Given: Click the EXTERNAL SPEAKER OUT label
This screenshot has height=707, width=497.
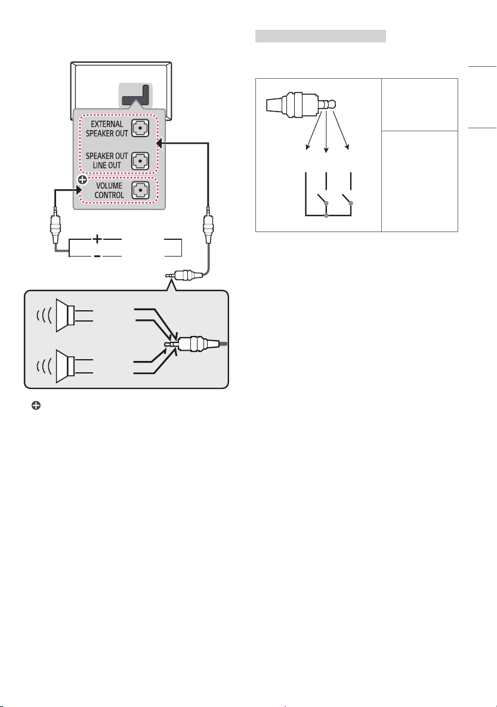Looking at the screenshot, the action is pyautogui.click(x=107, y=128).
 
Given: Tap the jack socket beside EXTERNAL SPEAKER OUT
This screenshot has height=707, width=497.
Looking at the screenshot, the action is pyautogui.click(x=140, y=128).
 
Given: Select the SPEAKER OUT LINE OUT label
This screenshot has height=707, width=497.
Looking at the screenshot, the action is pyautogui.click(x=107, y=160).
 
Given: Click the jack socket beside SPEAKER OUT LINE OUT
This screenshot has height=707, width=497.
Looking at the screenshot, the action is pyautogui.click(x=140, y=160).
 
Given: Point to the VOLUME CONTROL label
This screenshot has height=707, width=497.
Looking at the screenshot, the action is pyautogui.click(x=109, y=190).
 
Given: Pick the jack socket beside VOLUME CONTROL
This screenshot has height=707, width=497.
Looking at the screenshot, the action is pyautogui.click(x=140, y=190).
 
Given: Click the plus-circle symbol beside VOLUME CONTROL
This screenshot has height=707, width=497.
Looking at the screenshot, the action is pyautogui.click(x=82, y=180).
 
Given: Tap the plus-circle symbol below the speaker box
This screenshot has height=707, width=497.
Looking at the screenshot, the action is pyautogui.click(x=36, y=405).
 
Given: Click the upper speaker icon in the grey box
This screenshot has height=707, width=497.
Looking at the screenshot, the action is pyautogui.click(x=65, y=315).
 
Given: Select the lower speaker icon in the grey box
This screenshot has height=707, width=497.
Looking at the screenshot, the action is pyautogui.click(x=65, y=366).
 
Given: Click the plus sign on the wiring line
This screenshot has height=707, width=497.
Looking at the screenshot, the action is pyautogui.click(x=97, y=239).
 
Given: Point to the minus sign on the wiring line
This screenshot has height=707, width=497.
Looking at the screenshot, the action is pyautogui.click(x=97, y=256).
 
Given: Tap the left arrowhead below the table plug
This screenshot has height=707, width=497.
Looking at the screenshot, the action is pyautogui.click(x=308, y=146).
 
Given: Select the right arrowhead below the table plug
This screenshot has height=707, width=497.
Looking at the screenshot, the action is pyautogui.click(x=347, y=146).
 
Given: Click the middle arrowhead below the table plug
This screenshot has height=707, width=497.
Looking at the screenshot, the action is pyautogui.click(x=326, y=150).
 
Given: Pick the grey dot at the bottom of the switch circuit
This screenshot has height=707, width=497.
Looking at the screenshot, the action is pyautogui.click(x=326, y=215).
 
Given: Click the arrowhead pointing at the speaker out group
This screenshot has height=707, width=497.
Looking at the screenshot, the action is pyautogui.click(x=159, y=143).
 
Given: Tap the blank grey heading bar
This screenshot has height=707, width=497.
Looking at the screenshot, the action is pyautogui.click(x=320, y=36).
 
